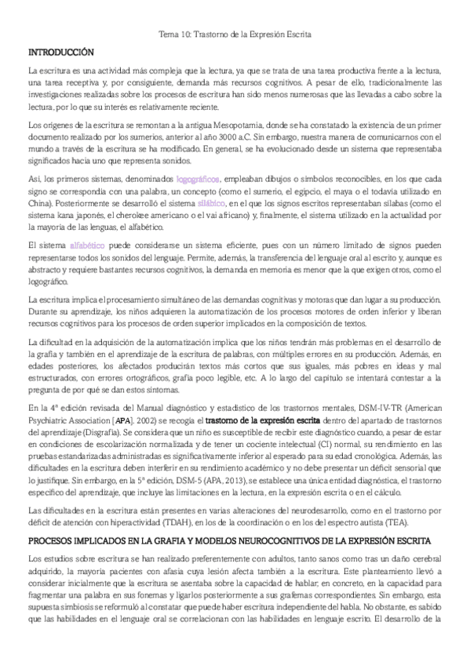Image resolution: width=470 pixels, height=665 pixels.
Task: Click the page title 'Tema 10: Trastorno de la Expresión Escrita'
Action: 235,35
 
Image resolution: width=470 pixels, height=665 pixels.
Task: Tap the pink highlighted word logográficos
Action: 199,179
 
